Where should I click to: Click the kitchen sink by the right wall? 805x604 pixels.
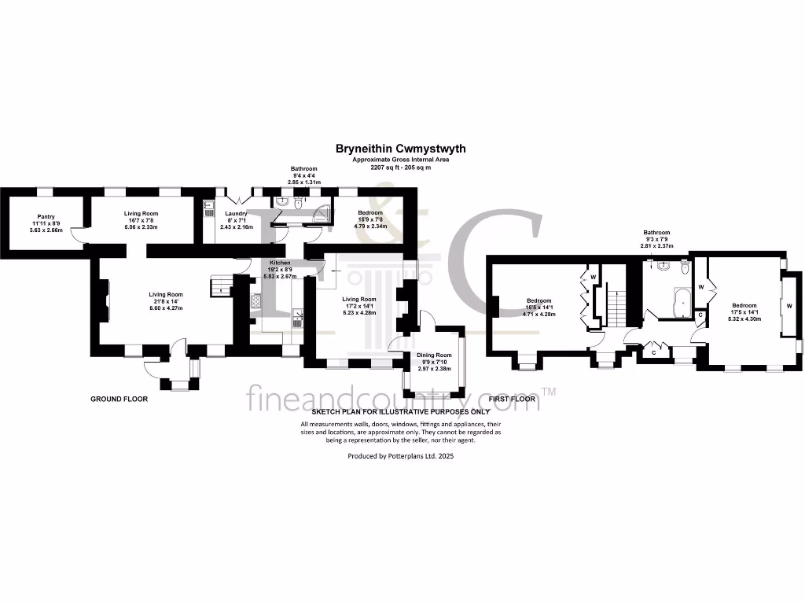coord(299,317)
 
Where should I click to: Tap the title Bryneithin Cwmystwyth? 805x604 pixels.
coord(400,148)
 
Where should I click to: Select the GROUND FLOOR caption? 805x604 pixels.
coord(119,399)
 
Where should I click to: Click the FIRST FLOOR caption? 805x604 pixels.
coord(512,399)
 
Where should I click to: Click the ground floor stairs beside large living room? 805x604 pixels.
coord(219,286)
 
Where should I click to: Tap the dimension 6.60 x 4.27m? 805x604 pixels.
coord(166,308)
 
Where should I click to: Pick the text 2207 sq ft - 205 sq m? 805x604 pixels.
coord(401,168)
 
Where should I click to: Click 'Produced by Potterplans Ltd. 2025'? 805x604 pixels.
coord(400,455)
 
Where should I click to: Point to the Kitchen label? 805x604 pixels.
coord(280,262)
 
